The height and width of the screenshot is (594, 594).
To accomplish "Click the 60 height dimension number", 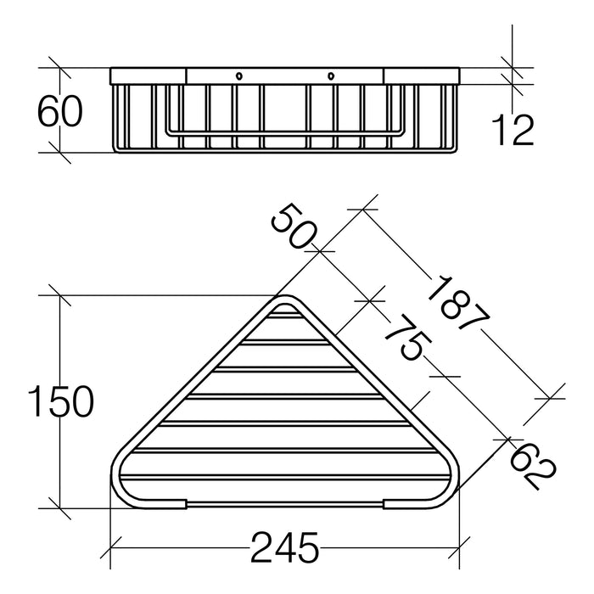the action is [60, 111].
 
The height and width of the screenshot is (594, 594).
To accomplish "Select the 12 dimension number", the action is [513, 131].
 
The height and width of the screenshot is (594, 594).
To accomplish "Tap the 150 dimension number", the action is [60, 401].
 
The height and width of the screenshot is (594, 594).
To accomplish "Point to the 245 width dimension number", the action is [285, 547].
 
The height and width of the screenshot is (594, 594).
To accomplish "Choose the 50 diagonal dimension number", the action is [293, 227].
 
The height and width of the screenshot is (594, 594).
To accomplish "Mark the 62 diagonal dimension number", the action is [531, 465].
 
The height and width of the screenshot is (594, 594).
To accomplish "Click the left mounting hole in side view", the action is [238, 76].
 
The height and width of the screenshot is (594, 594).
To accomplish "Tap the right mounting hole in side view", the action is [332, 76].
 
